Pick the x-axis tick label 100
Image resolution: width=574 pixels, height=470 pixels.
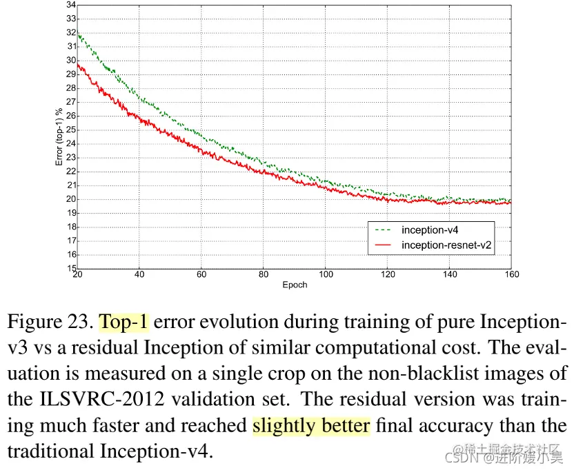[x=326, y=275]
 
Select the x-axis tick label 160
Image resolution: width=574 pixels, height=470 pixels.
[x=511, y=275]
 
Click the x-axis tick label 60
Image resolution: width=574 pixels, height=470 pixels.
[x=201, y=275]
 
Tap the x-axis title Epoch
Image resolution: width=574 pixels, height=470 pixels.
[x=294, y=285]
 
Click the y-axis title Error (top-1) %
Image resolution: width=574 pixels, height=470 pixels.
[x=59, y=136]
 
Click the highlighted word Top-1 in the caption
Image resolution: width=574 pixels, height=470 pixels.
[x=123, y=322]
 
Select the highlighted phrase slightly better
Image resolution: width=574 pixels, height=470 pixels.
[x=311, y=425]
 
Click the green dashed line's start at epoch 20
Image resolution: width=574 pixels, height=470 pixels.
[x=77, y=34]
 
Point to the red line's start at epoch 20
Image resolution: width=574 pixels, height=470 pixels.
[x=77, y=64]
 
